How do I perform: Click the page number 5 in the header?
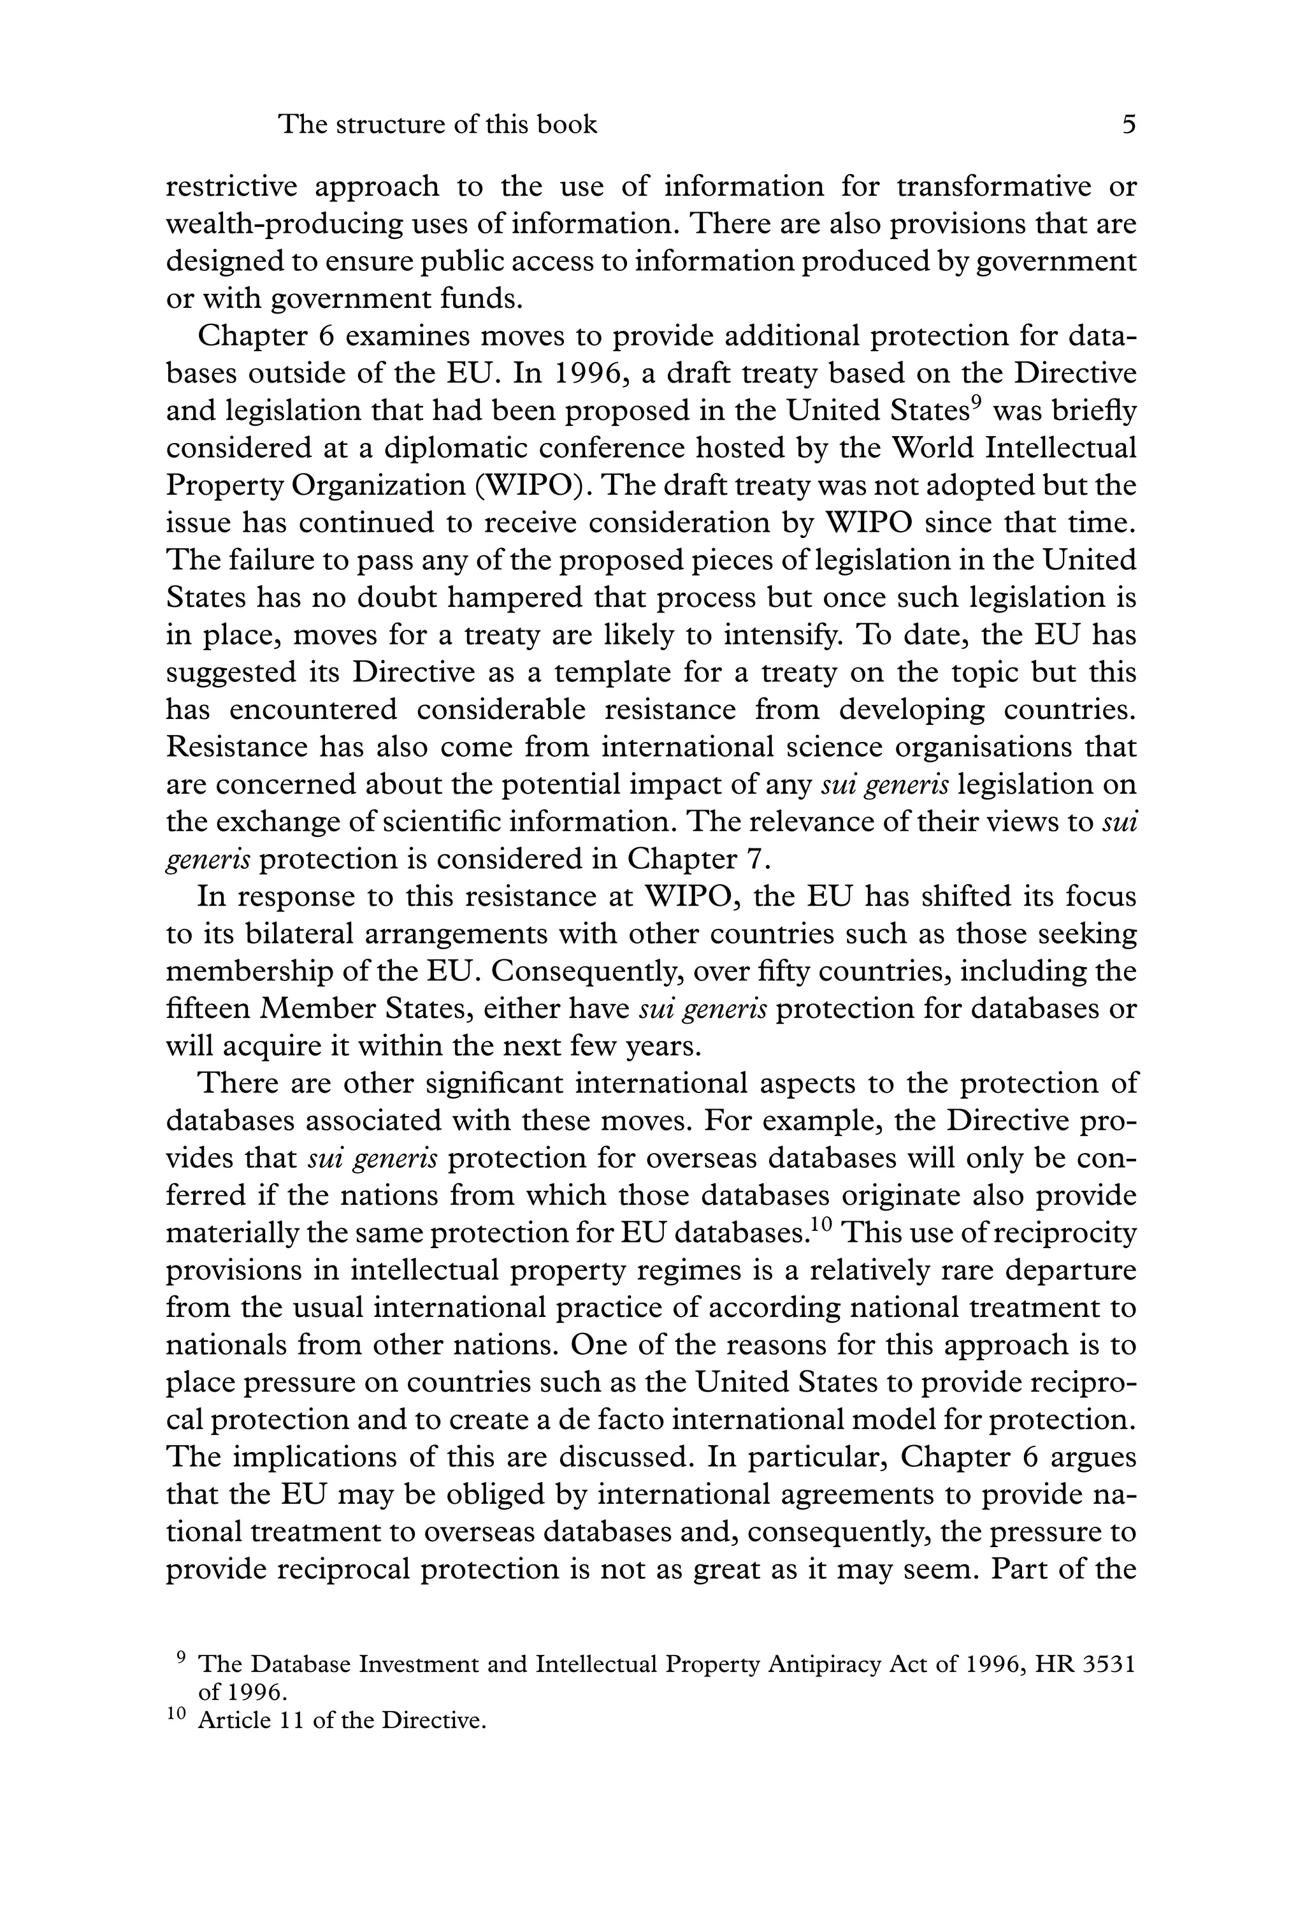click(1129, 125)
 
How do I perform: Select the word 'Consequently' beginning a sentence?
click(587, 972)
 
